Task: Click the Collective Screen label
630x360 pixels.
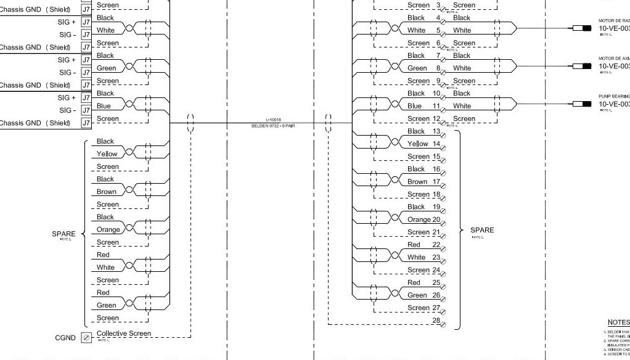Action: pos(123,333)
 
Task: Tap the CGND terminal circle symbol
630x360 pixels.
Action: pos(86,337)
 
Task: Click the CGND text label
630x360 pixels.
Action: pos(65,337)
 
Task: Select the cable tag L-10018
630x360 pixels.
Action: pos(274,121)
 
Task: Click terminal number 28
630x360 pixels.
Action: pos(436,321)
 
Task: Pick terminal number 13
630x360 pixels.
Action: pos(436,131)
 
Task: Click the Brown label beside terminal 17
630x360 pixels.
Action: pos(417,182)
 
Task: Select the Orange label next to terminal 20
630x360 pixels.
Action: pos(419,219)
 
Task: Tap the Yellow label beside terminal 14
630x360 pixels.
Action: pos(417,144)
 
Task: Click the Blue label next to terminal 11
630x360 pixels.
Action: pos(414,106)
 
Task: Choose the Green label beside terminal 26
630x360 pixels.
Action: pos(417,295)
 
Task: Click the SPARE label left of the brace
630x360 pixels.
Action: pos(63,234)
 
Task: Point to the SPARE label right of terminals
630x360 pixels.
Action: pos(482,231)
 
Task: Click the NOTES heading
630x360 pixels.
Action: pos(618,322)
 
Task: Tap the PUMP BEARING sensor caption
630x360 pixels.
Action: pos(614,97)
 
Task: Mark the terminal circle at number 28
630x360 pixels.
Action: pos(443,324)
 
